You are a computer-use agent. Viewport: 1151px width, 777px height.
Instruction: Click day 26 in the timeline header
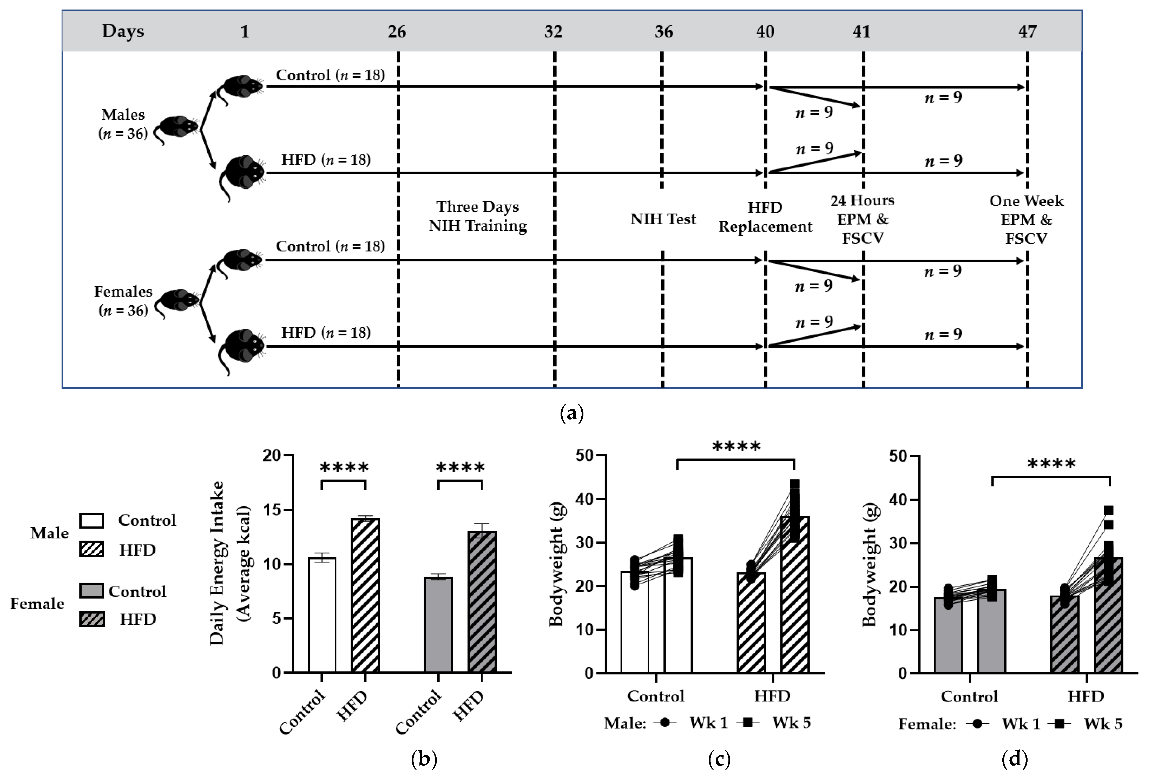[x=397, y=32]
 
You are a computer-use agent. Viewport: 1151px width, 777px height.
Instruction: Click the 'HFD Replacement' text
[x=765, y=217]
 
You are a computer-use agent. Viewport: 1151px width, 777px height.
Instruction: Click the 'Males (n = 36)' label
[x=123, y=124]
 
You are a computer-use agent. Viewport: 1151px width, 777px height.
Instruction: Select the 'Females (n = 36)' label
[x=123, y=300]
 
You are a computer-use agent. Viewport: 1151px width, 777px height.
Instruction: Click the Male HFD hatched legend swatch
[x=92, y=549]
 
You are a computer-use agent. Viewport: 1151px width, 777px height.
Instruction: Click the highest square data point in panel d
[x=1108, y=510]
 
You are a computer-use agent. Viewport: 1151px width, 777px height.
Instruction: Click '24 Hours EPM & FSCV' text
[x=863, y=219]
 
